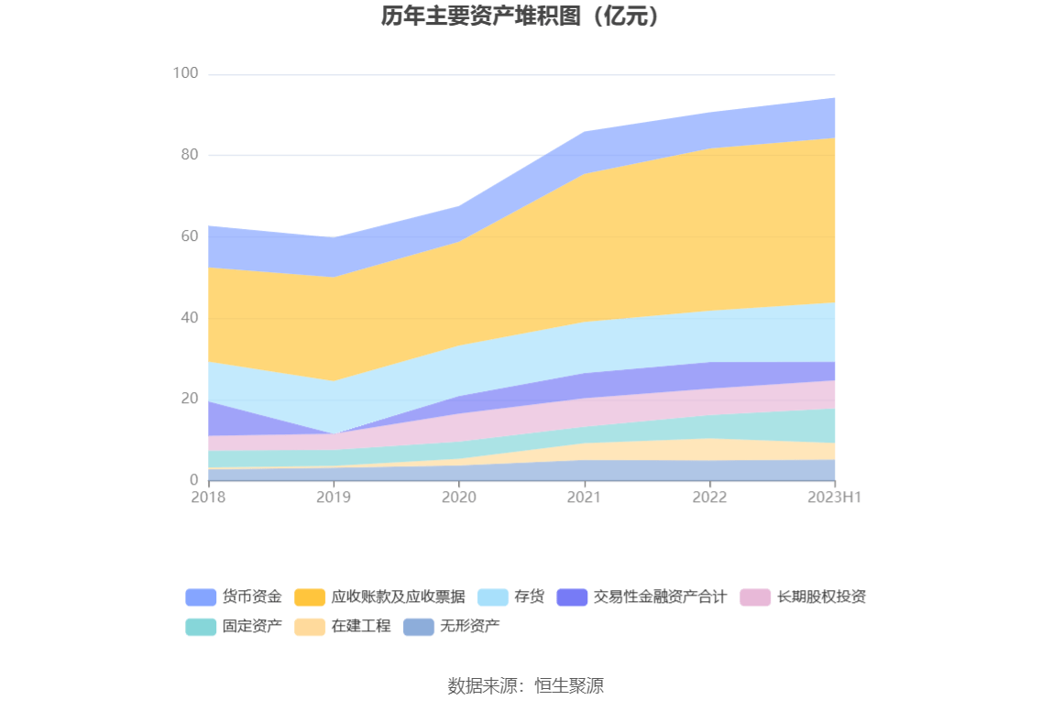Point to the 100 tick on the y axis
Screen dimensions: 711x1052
(x=186, y=73)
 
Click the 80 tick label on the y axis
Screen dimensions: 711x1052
(x=189, y=155)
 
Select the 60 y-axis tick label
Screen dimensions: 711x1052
(x=189, y=236)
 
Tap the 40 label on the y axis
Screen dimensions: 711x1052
(x=189, y=318)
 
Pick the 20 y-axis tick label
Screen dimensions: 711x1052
(x=189, y=399)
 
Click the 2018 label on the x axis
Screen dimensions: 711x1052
(x=208, y=497)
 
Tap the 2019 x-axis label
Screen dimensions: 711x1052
(x=334, y=497)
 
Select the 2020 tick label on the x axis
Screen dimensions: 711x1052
(x=459, y=497)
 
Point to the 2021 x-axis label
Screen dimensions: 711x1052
(x=584, y=497)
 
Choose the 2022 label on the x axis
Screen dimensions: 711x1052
(x=709, y=497)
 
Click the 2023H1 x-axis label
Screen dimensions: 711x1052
(x=835, y=497)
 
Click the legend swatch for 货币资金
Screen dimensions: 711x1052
(x=201, y=597)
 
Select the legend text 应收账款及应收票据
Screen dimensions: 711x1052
(x=398, y=597)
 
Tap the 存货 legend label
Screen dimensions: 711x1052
(x=529, y=597)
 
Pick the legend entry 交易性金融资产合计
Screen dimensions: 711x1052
(x=660, y=597)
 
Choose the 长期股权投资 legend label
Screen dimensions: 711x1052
(x=821, y=597)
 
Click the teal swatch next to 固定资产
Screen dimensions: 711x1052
(x=201, y=627)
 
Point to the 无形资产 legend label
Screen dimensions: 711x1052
(x=469, y=627)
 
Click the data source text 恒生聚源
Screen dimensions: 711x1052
(x=569, y=685)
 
